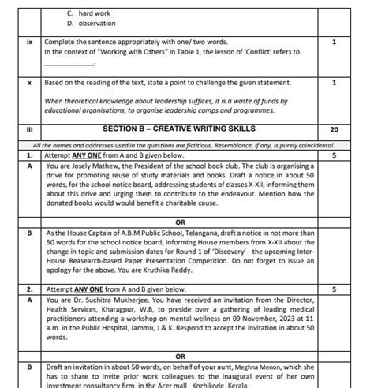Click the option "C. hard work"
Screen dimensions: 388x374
click(88, 13)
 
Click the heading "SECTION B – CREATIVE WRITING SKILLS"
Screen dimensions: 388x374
click(175, 129)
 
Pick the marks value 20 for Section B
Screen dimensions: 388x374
click(335, 129)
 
